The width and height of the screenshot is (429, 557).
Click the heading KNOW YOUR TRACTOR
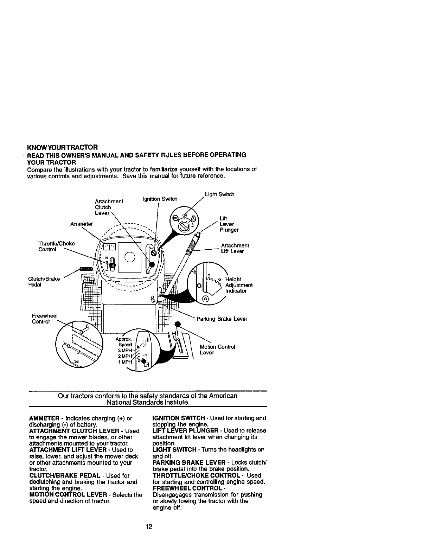(62, 147)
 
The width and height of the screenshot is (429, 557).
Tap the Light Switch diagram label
(220, 194)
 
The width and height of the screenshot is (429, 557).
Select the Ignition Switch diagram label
(160, 199)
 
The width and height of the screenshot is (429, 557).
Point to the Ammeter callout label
(82, 224)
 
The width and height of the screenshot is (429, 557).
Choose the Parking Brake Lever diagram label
(222, 319)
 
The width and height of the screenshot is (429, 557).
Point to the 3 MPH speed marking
(125, 350)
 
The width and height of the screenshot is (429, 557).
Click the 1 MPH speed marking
(125, 362)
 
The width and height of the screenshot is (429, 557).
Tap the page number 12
(149, 526)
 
